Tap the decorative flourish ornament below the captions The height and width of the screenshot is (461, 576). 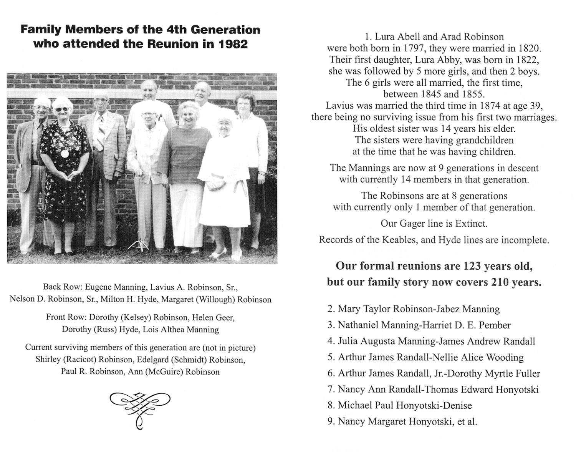[140, 408]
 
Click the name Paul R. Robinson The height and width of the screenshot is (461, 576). [90, 372]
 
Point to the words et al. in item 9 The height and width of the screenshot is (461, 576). [467, 421]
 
